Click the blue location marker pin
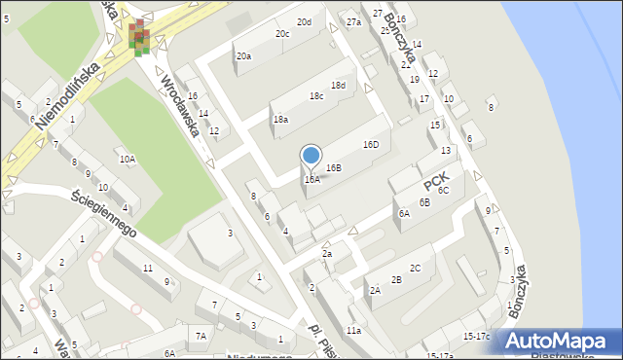point(311,156)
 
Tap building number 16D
point(370,145)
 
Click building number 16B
point(333,168)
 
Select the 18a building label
point(280,120)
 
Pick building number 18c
point(316,96)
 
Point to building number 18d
point(338,86)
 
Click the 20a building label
point(243,56)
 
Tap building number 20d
point(305,22)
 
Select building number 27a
point(353,22)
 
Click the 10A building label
point(127,159)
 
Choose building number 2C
point(415,269)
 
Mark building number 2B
point(396,280)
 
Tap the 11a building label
point(354,331)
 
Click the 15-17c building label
point(477,337)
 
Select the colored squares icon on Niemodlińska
point(140,37)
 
